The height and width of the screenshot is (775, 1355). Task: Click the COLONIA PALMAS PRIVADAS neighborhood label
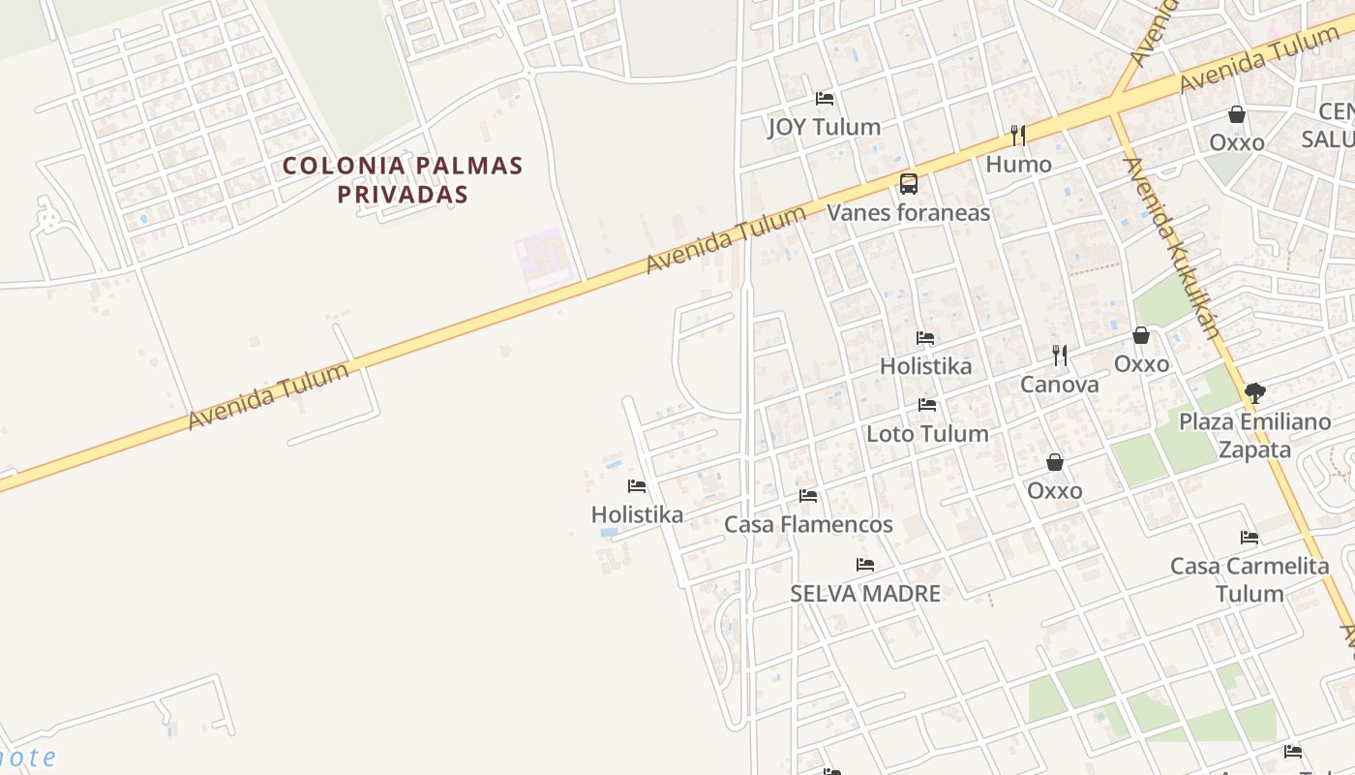point(402,179)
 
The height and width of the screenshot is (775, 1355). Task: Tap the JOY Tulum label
point(824,127)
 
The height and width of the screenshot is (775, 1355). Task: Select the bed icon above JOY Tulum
point(825,99)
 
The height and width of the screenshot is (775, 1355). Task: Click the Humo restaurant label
point(1018,165)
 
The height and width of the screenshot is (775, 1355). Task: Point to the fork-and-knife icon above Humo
point(1017,135)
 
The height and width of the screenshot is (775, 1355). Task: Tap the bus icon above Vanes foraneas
point(908,183)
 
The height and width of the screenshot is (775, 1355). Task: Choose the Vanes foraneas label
point(908,212)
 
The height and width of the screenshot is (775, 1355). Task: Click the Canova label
point(1060,385)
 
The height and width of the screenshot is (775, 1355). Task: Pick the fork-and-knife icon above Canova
point(1060,356)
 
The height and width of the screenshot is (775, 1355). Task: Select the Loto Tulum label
point(927,433)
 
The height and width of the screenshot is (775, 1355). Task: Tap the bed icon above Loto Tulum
point(927,405)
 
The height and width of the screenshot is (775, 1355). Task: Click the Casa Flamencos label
point(808,525)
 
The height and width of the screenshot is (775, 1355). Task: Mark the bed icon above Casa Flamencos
point(808,496)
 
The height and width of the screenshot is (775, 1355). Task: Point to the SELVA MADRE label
point(865,593)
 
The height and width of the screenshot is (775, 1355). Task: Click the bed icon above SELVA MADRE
point(865,565)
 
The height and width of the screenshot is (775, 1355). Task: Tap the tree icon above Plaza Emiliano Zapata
point(1255,392)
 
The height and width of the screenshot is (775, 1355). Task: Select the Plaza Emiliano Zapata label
point(1254,436)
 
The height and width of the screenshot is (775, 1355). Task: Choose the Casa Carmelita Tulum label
point(1250,579)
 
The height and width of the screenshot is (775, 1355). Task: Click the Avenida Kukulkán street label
point(1171,247)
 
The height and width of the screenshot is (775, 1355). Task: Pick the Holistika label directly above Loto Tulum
point(925,366)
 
